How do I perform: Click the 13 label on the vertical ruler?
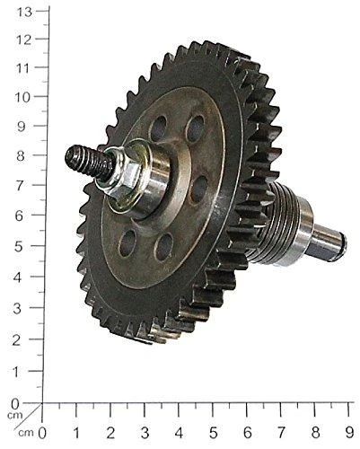point(24,13)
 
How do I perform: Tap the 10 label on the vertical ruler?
point(23,98)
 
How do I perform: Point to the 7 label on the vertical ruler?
point(20,186)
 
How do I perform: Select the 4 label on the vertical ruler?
point(18,277)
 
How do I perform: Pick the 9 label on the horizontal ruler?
point(349,433)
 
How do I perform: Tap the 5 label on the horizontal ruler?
point(213,433)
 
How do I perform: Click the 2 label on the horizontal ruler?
point(110,433)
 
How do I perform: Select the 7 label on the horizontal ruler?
point(281,433)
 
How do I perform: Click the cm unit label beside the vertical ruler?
point(15,416)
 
